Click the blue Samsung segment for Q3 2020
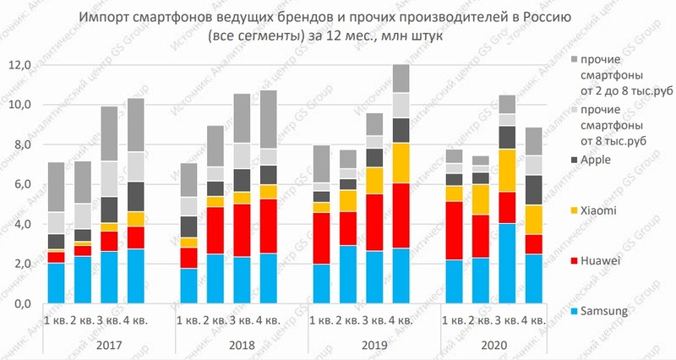click(x=506, y=263)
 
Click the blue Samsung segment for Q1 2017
click(x=56, y=283)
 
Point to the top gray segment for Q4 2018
click(x=268, y=119)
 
